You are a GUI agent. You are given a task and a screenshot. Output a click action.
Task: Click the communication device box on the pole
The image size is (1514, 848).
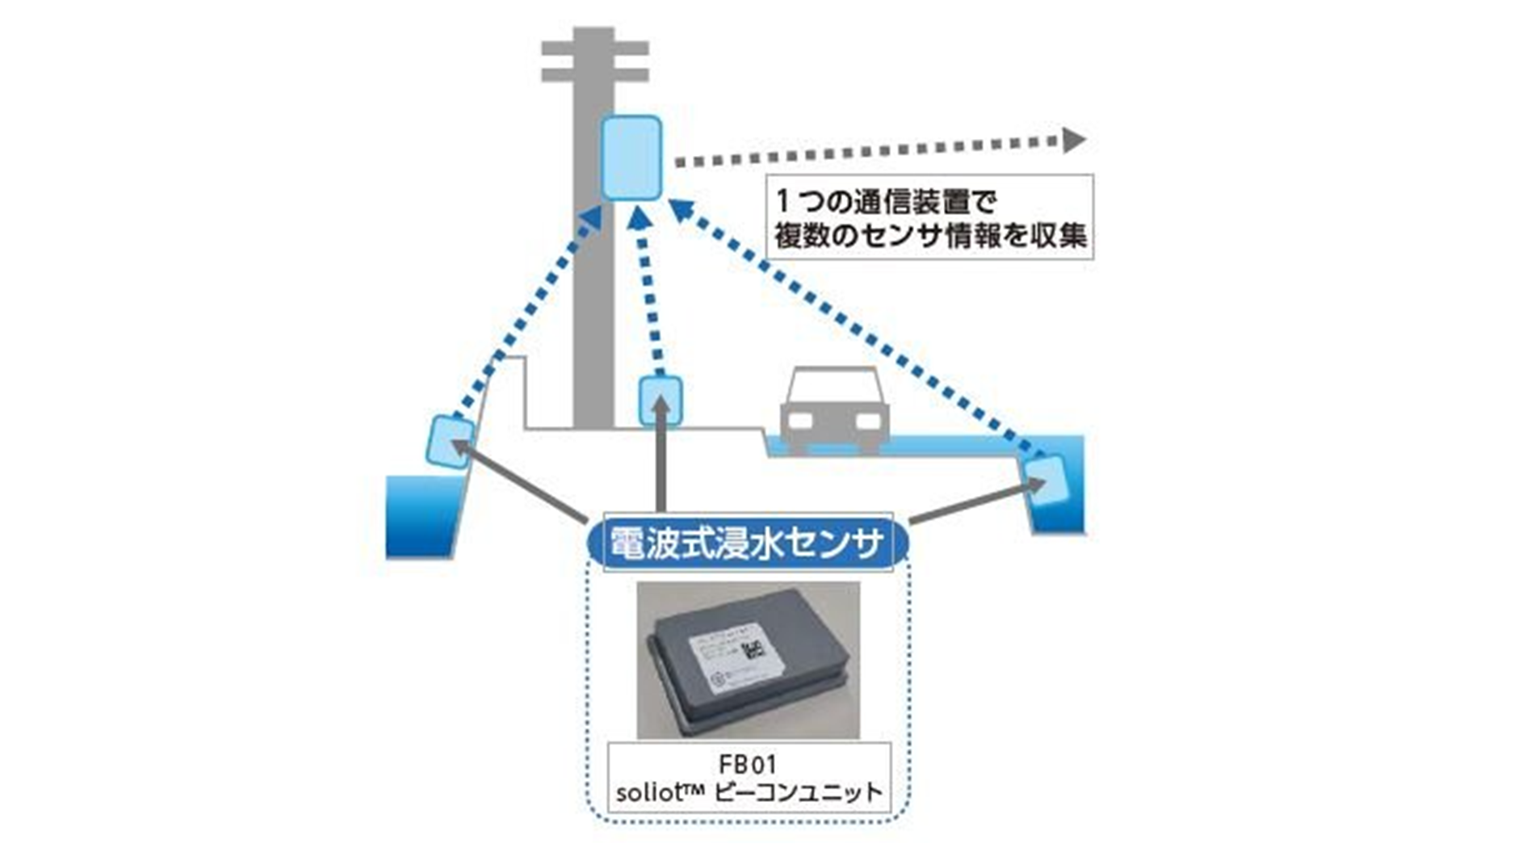[631, 157]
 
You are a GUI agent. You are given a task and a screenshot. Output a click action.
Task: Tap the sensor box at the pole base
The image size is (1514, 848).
[661, 401]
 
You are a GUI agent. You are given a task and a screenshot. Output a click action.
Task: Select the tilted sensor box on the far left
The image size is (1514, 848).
[449, 441]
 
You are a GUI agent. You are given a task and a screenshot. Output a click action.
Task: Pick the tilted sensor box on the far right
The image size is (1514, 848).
[1046, 481]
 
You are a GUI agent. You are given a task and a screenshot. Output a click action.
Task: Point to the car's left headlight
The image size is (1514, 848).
[799, 421]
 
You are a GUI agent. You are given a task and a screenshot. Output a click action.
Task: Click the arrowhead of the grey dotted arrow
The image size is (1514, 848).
[1073, 141]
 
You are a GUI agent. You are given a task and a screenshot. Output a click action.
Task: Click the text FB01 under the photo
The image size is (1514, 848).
[747, 764]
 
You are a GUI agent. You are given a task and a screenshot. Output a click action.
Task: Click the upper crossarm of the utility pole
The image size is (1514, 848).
[594, 48]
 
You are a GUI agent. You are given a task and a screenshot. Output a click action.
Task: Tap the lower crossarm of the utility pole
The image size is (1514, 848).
[594, 75]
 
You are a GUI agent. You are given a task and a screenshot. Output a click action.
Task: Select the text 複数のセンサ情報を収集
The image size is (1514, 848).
[930, 236]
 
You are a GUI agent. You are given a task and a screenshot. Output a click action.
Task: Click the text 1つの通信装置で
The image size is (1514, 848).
[887, 199]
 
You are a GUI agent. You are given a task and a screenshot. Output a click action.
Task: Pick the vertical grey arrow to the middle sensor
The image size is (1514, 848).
[661, 460]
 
